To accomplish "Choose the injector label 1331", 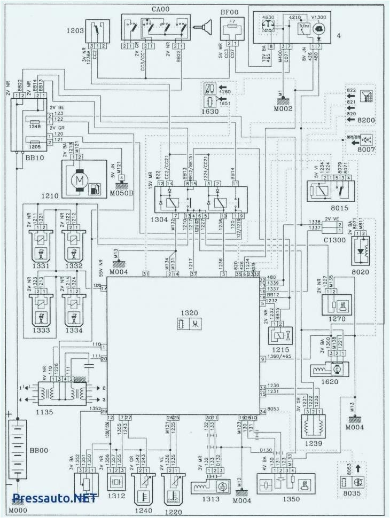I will coord(40,265).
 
